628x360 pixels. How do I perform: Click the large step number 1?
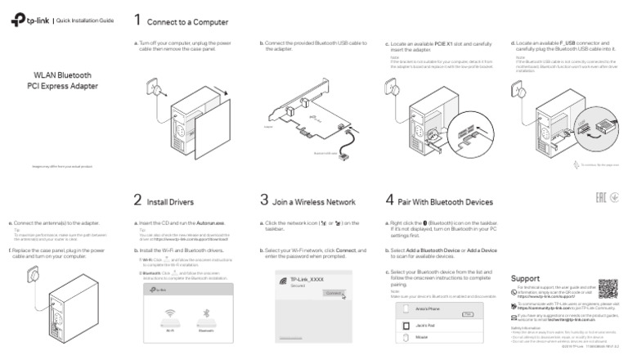click(x=138, y=20)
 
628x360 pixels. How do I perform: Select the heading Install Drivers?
click(x=170, y=200)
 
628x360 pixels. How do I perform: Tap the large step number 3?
click(x=264, y=199)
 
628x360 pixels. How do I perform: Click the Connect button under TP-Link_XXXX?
click(x=333, y=291)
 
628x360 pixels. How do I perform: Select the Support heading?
click(x=524, y=277)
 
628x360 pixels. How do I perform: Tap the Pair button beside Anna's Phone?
click(x=468, y=313)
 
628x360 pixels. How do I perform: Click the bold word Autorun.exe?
click(x=210, y=223)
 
